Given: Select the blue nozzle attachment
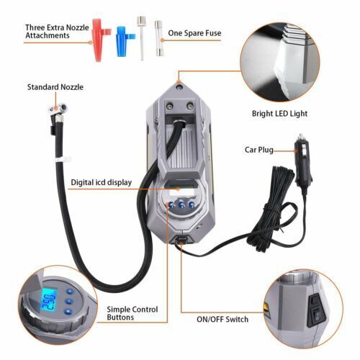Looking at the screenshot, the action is (122, 41).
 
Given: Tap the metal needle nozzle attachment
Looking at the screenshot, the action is (141, 37).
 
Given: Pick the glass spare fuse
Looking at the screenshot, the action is (158, 38).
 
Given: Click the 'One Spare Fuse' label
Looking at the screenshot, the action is (194, 33).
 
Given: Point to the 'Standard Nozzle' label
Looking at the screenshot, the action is (55, 87).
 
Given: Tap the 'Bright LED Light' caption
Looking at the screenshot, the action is (279, 114).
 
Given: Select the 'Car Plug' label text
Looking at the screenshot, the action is (259, 150).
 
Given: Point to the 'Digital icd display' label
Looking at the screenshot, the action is (102, 182).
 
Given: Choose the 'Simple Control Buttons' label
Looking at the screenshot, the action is (132, 313).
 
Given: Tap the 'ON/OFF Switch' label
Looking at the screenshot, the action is (222, 320).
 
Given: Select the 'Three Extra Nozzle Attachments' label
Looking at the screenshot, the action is (57, 32).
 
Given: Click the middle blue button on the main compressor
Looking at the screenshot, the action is (181, 204).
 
